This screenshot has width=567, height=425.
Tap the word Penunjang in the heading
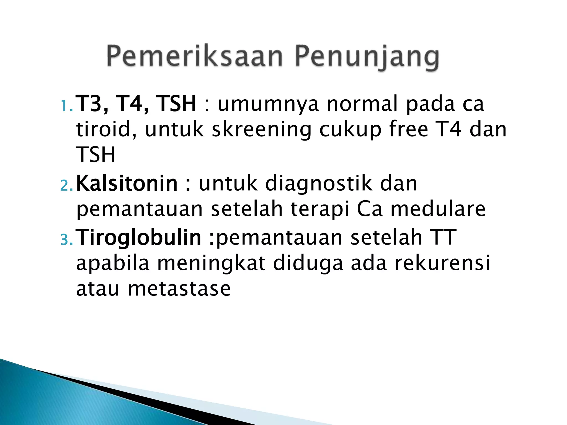(367, 58)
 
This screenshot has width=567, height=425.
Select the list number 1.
(66, 106)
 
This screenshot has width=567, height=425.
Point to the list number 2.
(66, 186)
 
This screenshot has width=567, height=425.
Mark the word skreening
(262, 130)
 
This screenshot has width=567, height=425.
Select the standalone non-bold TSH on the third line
(96, 155)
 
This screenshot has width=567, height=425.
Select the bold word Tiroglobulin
(138, 237)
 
